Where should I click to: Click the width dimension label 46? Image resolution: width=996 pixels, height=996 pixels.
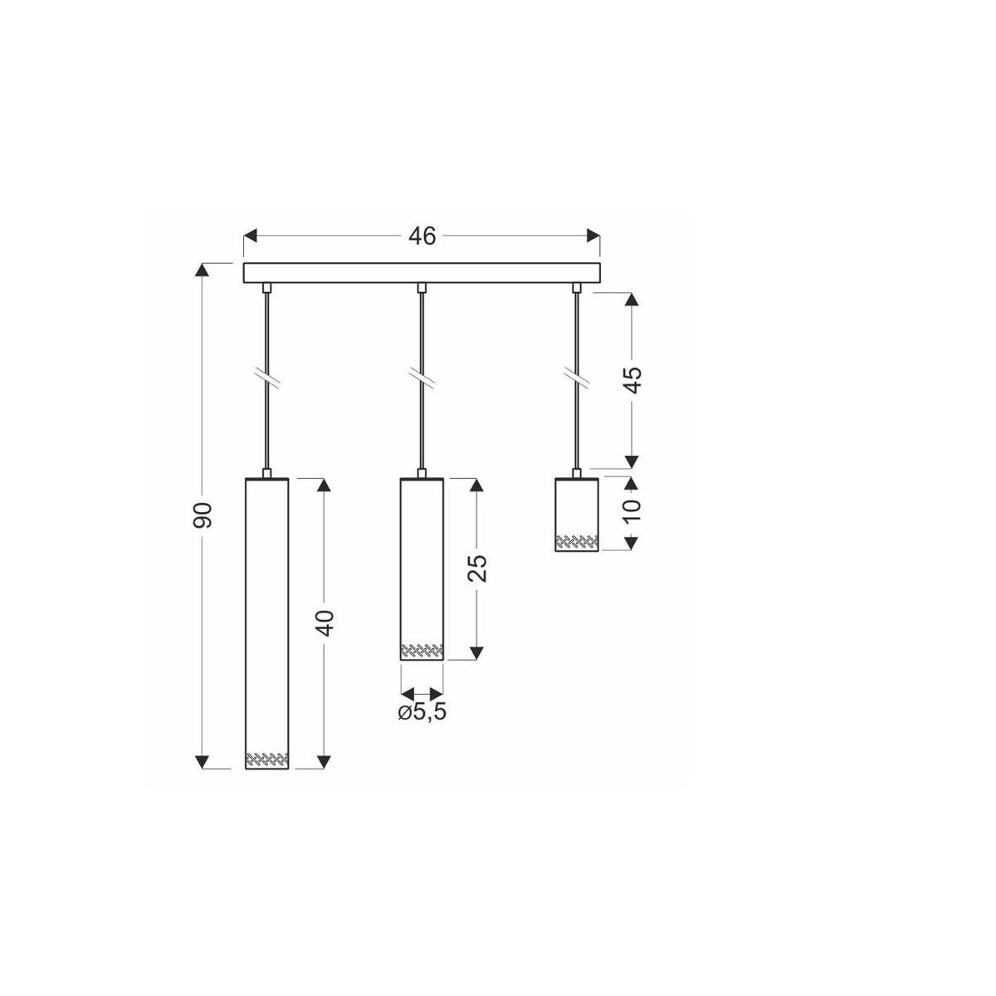pos(422,237)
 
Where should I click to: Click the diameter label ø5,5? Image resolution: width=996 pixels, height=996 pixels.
pos(422,713)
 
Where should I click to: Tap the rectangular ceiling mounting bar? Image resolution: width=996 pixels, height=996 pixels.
pos(422,273)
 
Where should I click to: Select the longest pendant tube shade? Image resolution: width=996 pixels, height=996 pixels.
pos(267,622)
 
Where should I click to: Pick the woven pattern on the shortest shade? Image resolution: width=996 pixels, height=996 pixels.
pos(576,543)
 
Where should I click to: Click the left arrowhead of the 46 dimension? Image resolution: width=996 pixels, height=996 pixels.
pos(250,237)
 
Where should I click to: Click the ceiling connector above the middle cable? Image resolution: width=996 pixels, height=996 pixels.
pos(422,287)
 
